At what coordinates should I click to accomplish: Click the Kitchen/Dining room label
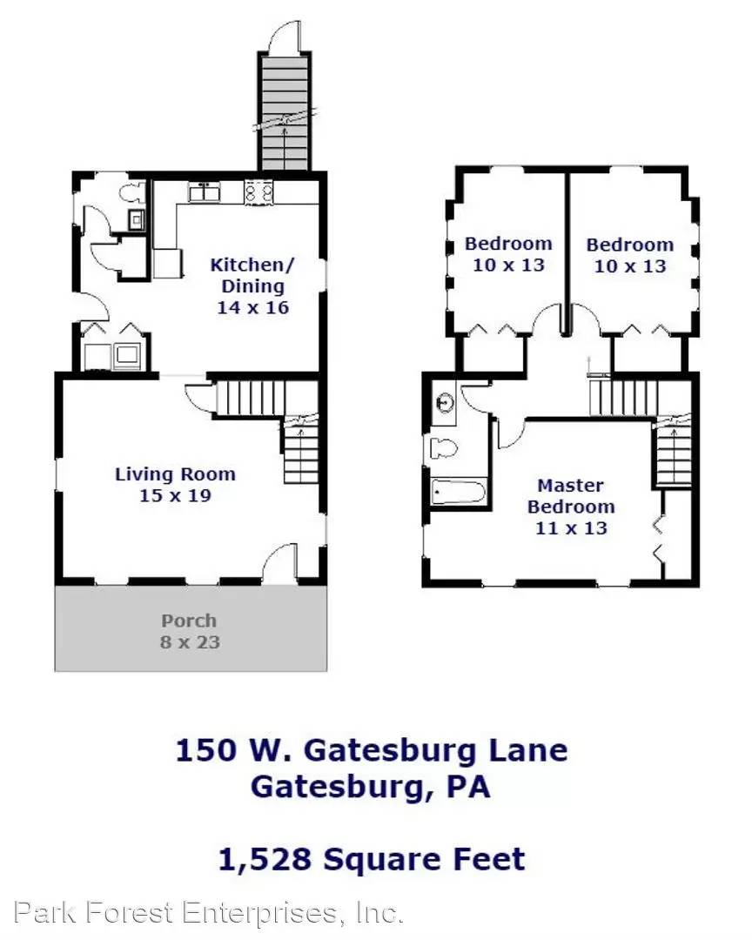[247, 275]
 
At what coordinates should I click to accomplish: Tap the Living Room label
[175, 474]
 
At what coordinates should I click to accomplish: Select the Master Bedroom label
[570, 496]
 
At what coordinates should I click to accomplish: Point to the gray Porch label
[189, 621]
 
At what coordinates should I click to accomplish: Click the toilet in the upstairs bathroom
[445, 449]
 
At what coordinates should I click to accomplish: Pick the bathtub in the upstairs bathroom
[458, 492]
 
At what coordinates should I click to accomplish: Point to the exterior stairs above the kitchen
[284, 113]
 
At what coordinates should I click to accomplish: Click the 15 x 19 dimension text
[175, 496]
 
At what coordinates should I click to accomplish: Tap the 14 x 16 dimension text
[252, 307]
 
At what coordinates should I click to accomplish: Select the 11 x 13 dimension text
[571, 527]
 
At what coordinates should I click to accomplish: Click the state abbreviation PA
[468, 787]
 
